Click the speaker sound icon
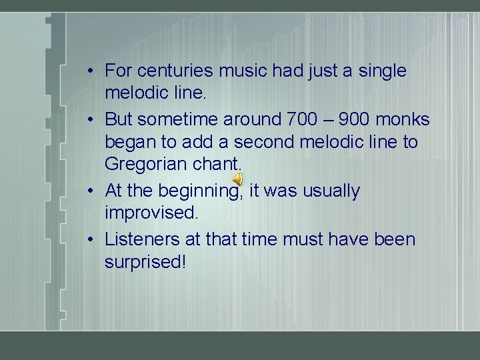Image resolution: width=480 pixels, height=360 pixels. [x=238, y=179]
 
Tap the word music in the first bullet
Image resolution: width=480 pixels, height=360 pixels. [x=245, y=71]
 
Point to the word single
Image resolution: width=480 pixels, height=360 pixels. [x=379, y=71]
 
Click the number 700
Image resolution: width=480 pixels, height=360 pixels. [x=302, y=119]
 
